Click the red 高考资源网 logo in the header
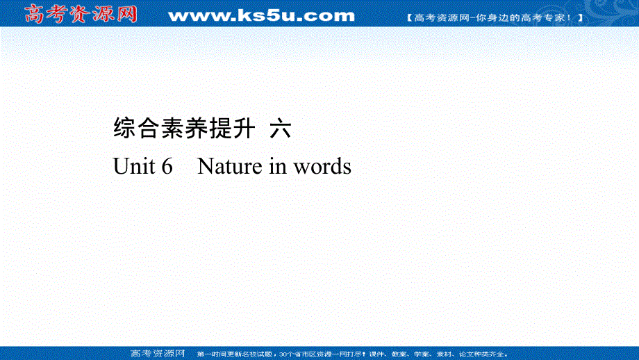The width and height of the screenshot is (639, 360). (x=81, y=15)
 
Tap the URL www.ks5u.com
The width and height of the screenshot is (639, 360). (x=261, y=16)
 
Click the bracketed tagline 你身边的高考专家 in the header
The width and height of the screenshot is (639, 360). (x=495, y=18)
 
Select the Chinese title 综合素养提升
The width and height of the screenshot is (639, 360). (x=184, y=128)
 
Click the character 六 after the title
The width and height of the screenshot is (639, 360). (x=281, y=128)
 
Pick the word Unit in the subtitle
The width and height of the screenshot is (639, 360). (x=133, y=166)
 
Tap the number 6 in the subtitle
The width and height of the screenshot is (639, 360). (x=167, y=166)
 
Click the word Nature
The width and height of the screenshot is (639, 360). (x=230, y=166)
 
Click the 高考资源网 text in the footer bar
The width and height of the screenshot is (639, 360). (x=158, y=354)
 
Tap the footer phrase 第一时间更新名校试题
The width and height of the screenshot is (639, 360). (x=234, y=354)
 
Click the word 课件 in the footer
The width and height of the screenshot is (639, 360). (x=376, y=354)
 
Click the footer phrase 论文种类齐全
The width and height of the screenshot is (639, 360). (x=483, y=354)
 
